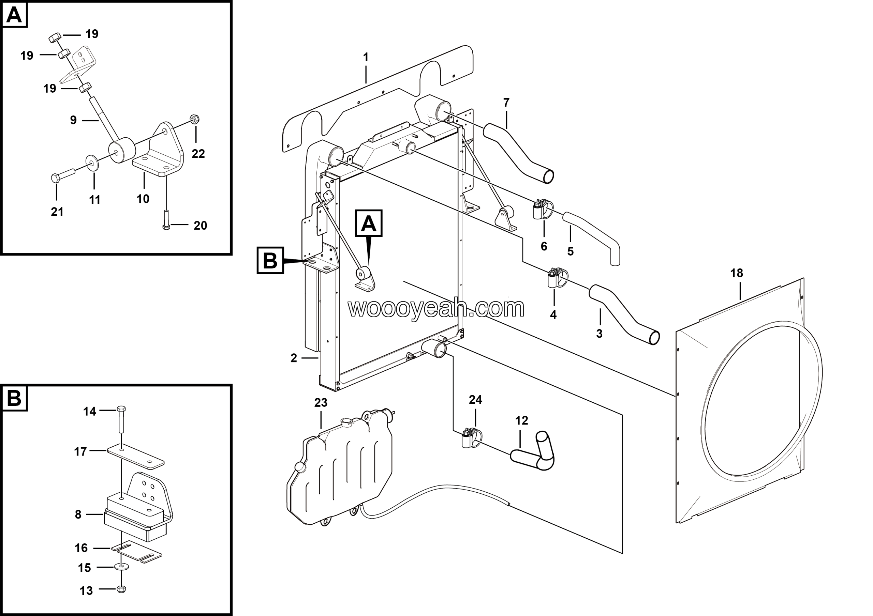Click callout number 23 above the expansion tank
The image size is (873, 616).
[321, 403]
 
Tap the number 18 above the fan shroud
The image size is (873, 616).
[737, 273]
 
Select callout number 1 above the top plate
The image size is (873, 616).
[366, 58]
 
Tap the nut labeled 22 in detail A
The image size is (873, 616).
[195, 120]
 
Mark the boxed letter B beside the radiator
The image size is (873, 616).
[270, 261]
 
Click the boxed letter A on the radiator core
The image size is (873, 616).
[368, 223]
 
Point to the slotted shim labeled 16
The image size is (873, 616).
[136, 552]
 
